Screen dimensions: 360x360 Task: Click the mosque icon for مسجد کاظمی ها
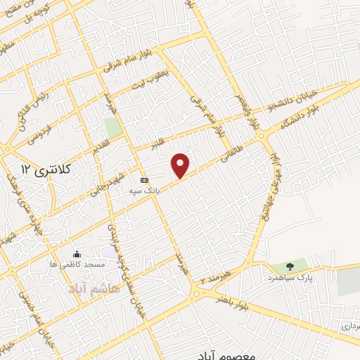[x=77, y=254]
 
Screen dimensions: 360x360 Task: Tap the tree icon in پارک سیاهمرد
[x=289, y=266]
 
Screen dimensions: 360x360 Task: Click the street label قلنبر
[x=163, y=141]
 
